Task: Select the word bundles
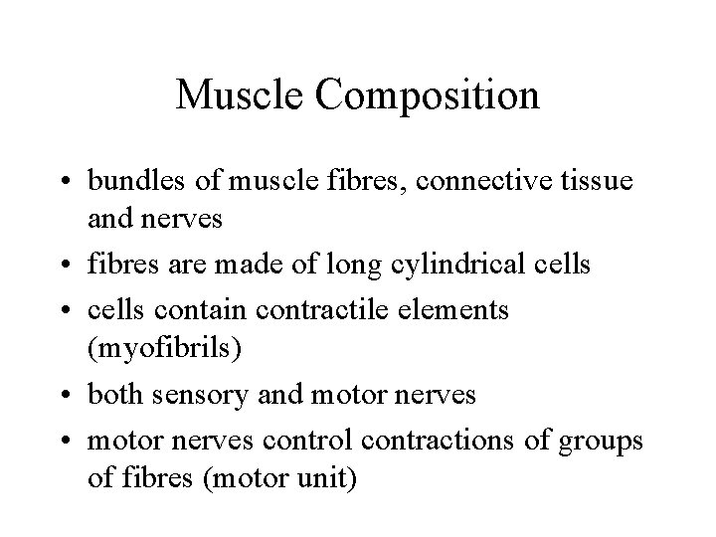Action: tap(132, 181)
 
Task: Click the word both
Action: tap(113, 395)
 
